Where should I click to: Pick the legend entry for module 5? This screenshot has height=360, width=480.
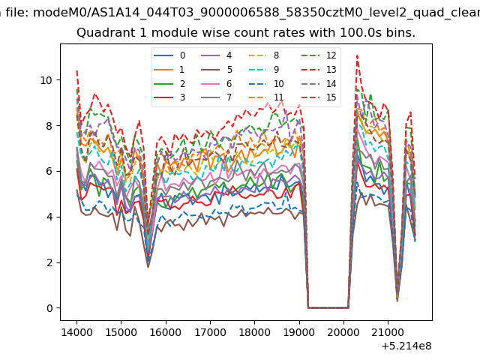[x=217, y=70]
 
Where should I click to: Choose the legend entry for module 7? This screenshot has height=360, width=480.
[x=217, y=97]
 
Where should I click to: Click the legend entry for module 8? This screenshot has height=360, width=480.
[x=264, y=55]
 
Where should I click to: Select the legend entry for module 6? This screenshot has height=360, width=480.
[x=217, y=84]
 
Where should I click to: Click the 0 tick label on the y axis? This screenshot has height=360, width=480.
[x=49, y=308]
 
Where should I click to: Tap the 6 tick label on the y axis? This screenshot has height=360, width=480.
[x=49, y=172]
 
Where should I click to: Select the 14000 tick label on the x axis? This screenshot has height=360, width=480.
[x=76, y=332]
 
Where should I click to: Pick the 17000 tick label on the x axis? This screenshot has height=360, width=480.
[x=210, y=332]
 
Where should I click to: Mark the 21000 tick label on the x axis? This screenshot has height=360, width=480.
[x=388, y=332]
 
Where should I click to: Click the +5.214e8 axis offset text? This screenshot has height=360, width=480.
[x=406, y=346]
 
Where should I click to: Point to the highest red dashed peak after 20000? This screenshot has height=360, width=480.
[x=357, y=55]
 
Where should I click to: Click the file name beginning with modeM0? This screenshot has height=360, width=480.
[x=256, y=13]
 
